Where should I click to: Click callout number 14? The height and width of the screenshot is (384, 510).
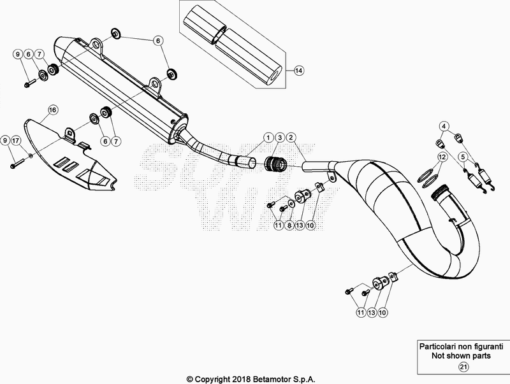pos(299,71)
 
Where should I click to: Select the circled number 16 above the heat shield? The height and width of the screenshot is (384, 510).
pos(52,110)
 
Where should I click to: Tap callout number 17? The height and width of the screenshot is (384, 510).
pos(16,139)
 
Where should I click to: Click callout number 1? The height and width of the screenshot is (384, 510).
pos(270,138)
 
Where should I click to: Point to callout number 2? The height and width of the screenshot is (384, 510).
pos(291,138)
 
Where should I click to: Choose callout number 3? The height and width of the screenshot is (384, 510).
pos(280,138)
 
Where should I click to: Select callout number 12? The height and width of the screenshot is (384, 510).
pos(441,156)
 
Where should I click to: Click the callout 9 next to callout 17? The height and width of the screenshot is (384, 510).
pos(5,139)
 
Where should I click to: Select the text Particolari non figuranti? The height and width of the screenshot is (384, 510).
pos(455,348)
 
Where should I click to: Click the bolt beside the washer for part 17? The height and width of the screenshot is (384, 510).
pos(16,164)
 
